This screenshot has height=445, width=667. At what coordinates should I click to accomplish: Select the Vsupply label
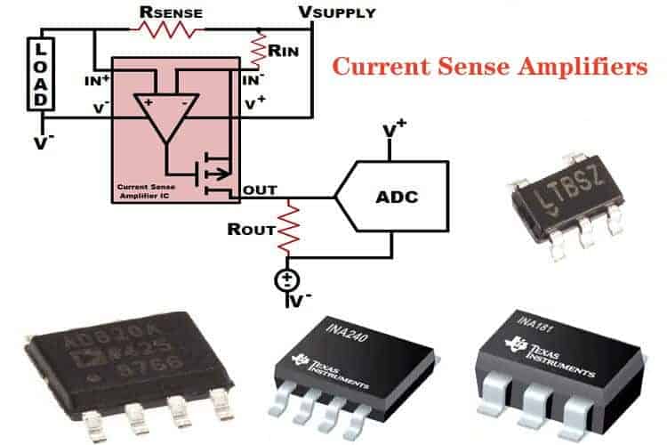tap(337, 12)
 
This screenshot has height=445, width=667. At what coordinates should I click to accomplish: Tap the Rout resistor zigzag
tap(287, 228)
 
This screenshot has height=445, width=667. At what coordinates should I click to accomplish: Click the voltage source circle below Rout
tap(287, 281)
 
